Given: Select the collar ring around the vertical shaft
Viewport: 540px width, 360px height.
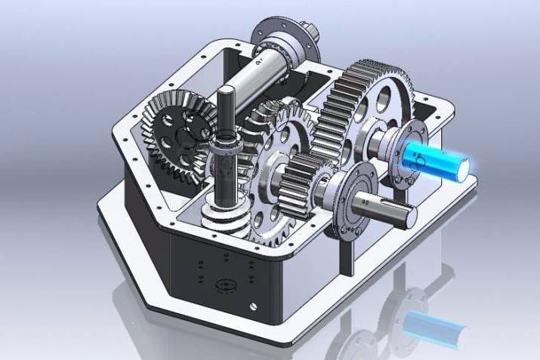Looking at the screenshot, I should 226,143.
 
